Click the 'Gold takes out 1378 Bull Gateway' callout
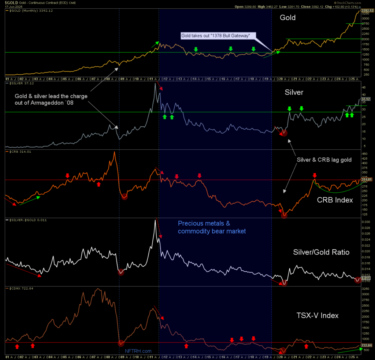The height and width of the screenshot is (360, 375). click(x=215, y=36)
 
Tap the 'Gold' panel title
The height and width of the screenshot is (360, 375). click(x=287, y=18)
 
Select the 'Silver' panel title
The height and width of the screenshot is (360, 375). click(x=294, y=92)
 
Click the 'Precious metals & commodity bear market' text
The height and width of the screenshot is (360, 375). click(x=212, y=227)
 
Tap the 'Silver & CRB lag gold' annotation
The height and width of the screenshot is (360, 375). click(x=324, y=160)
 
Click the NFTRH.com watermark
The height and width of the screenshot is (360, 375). click(x=138, y=351)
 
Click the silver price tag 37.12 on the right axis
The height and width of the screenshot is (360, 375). click(x=366, y=99)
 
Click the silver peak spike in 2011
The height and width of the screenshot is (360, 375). click(x=155, y=84)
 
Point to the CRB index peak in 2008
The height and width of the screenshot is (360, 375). click(x=115, y=152)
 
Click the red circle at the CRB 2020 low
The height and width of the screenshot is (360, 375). click(x=284, y=215)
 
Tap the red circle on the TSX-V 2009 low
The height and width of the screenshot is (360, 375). click(x=121, y=343)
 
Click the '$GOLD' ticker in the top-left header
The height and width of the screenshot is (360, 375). click(x=11, y=3)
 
